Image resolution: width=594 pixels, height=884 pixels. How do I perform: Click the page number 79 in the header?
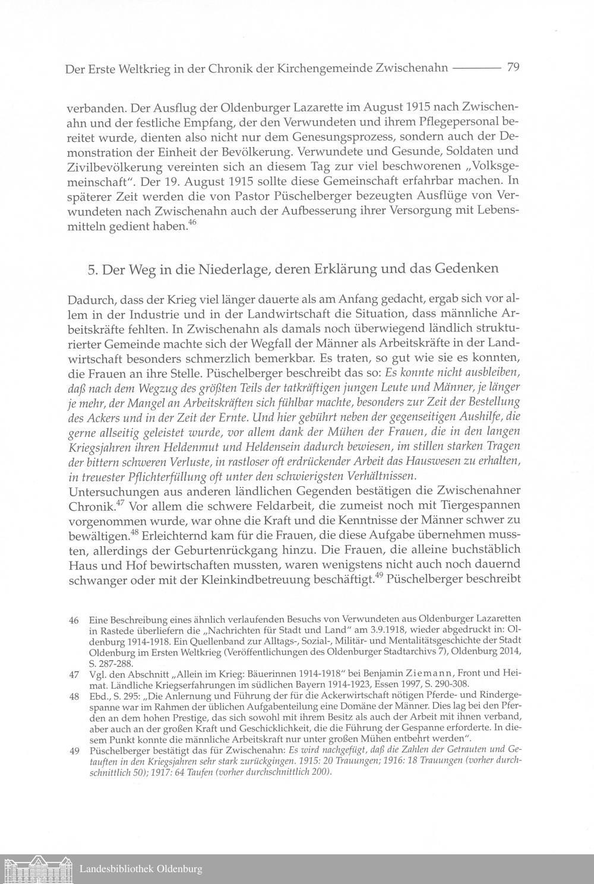coord(514,68)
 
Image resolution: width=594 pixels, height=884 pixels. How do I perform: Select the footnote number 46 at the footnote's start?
coord(74,620)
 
